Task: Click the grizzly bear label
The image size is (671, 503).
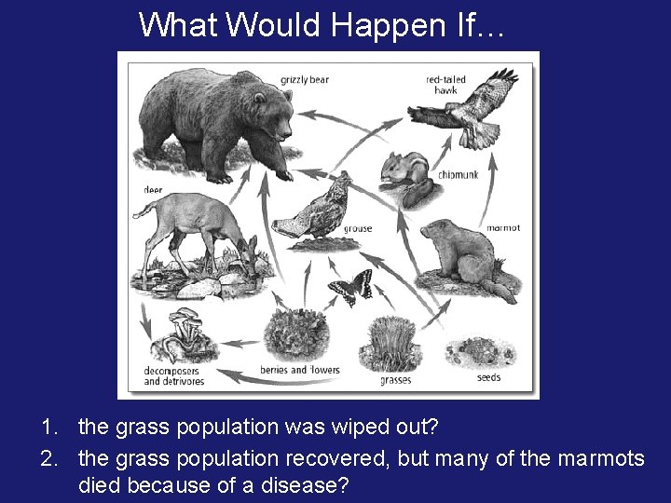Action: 305,80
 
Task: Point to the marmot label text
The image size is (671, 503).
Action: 503,228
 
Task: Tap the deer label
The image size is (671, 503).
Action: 153,190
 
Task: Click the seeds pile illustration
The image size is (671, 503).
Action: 476,351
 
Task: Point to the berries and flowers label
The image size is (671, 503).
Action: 299,370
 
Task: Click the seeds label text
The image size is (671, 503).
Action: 488,378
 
